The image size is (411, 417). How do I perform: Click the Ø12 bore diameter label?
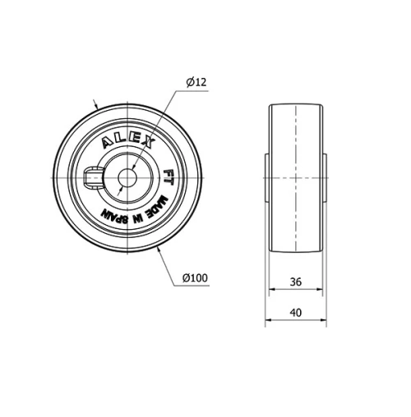point(196,81)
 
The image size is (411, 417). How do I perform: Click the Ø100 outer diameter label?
point(194,278)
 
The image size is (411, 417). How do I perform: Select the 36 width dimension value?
point(295,282)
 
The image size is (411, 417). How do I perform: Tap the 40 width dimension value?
point(295,312)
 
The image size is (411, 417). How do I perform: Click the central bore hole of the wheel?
point(127,177)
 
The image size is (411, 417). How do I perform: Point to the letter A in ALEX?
point(107,145)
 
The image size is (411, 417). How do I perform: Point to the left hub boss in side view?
point(267,177)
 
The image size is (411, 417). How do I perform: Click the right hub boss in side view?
point(324,177)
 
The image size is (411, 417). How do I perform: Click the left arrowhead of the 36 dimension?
point(272,291)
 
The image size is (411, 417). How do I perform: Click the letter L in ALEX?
point(120,139)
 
